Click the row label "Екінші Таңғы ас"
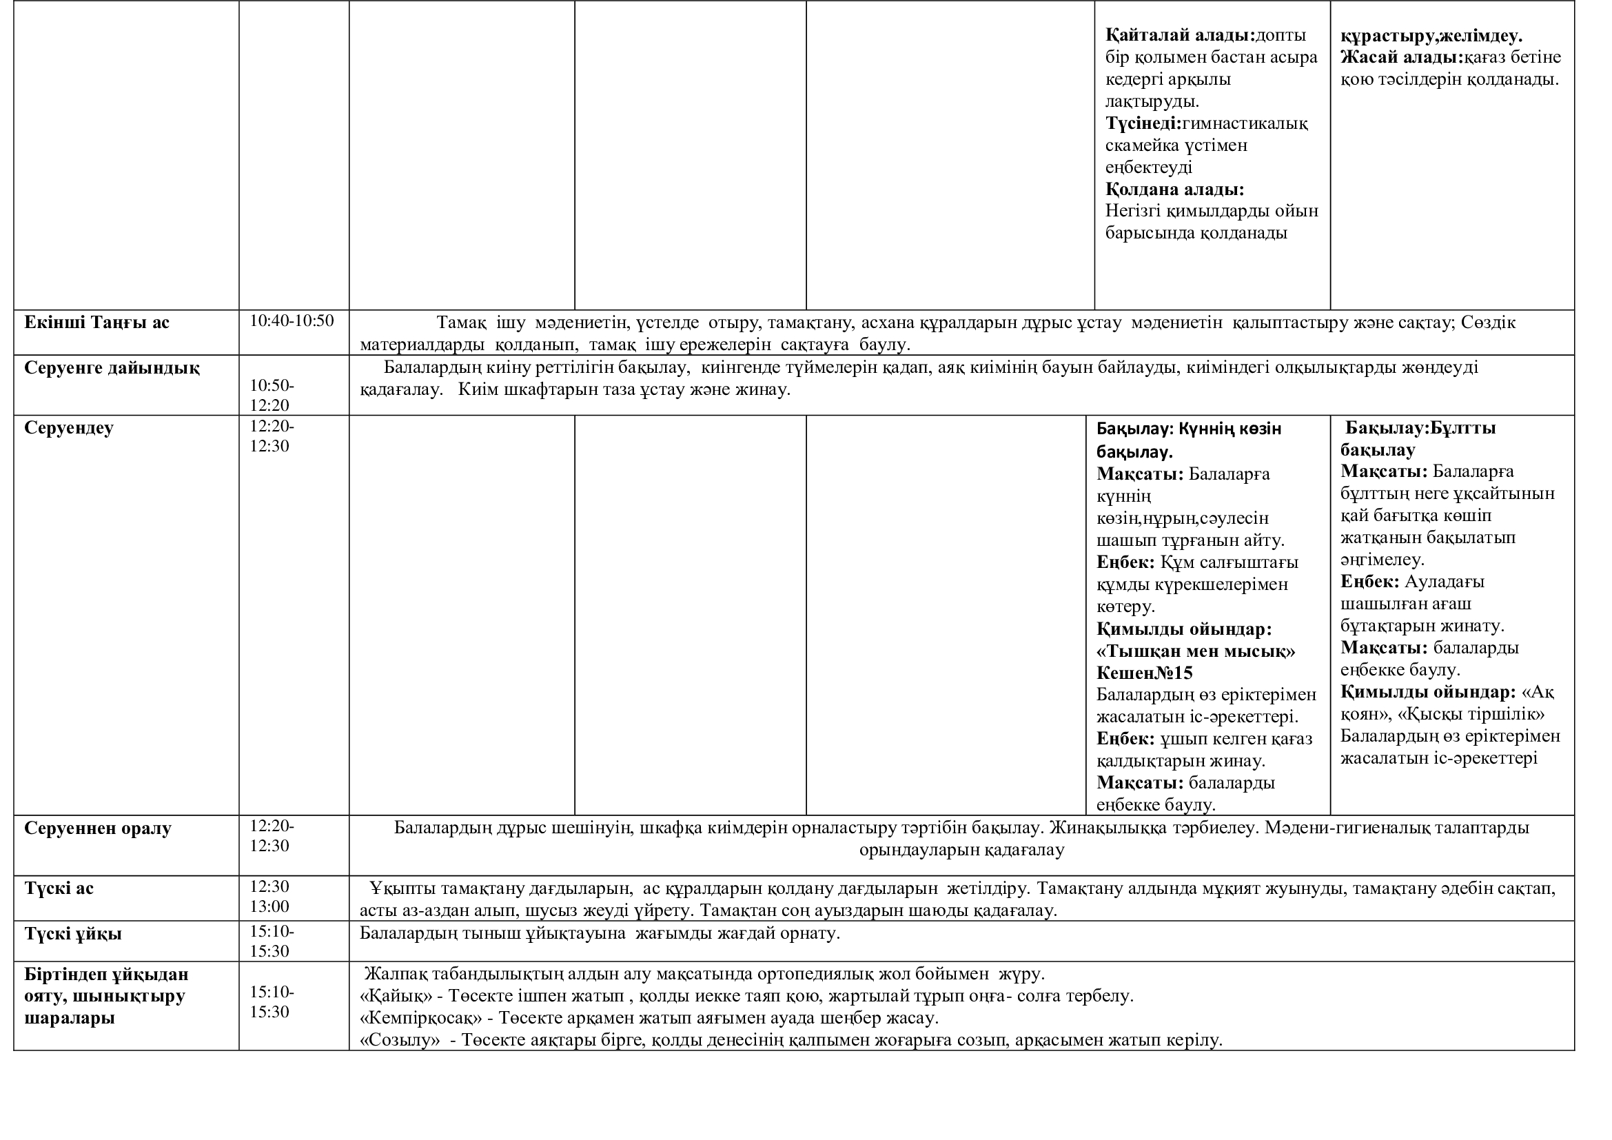pyautogui.click(x=97, y=323)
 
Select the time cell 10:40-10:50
pyautogui.click(x=292, y=321)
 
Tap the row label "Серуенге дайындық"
pyautogui.click(x=112, y=369)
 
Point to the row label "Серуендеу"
pyautogui.click(x=69, y=428)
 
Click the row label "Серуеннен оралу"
pyautogui.click(x=98, y=828)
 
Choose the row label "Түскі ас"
pyautogui.click(x=59, y=888)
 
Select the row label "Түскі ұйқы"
pyautogui.click(x=73, y=935)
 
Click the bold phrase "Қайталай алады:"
pyautogui.click(x=1180, y=35)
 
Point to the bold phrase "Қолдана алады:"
pyautogui.click(x=1174, y=190)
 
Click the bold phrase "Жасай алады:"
pyautogui.click(x=1402, y=58)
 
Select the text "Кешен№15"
pyautogui.click(x=1145, y=673)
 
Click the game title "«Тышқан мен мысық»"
pyautogui.click(x=1196, y=651)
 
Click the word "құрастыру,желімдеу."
pyautogui.click(x=1431, y=36)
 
